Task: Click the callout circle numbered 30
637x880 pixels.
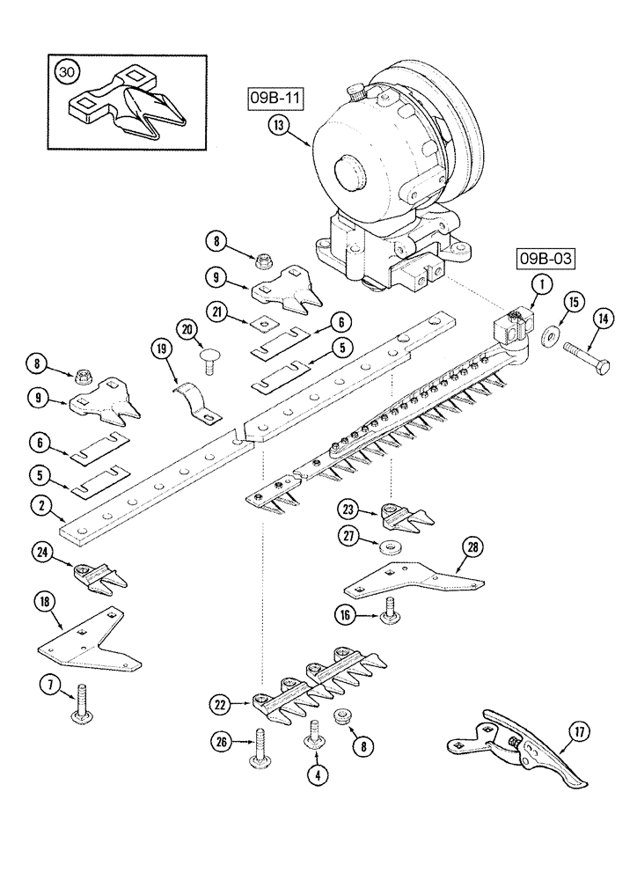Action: pyautogui.click(x=65, y=73)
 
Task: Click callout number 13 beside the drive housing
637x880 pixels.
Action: pyautogui.click(x=280, y=126)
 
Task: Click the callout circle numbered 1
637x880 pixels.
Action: pyautogui.click(x=541, y=283)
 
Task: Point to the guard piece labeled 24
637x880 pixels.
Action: pyautogui.click(x=98, y=576)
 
